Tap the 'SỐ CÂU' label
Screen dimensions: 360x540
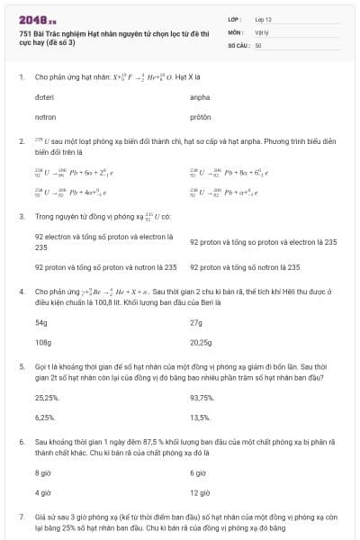click(238, 44)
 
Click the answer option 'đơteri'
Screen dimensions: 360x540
click(45, 96)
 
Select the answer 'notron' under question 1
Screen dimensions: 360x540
click(45, 117)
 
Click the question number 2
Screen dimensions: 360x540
click(21, 142)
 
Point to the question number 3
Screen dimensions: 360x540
click(21, 217)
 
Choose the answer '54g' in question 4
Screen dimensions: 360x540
click(41, 321)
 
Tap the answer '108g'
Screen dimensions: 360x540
click(42, 342)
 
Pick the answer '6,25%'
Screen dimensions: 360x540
click(45, 418)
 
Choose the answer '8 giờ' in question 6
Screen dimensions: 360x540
click(43, 472)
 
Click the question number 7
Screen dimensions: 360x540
click(21, 517)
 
